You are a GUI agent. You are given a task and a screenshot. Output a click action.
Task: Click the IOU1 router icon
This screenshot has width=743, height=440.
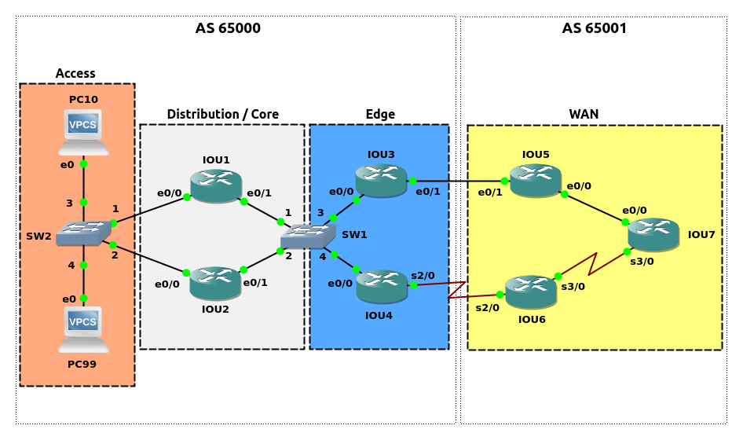click(x=215, y=186)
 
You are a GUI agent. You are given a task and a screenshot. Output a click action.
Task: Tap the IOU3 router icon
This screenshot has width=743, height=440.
click(x=381, y=181)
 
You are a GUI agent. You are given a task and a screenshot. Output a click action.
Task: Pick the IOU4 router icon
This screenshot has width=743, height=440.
click(x=382, y=286)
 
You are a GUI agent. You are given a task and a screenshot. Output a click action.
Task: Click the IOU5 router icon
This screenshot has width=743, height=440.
click(x=535, y=181)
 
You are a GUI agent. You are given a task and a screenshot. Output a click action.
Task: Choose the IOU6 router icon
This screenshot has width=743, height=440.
click(x=531, y=291)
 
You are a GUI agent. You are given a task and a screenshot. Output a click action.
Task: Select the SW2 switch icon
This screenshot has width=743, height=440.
click(x=83, y=233)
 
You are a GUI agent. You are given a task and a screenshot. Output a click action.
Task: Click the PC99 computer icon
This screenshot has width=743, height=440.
click(x=83, y=329)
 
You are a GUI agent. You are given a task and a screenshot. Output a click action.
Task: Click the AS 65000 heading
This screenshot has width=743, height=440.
click(x=228, y=28)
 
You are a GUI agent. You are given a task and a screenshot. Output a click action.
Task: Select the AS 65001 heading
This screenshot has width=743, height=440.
click(x=594, y=28)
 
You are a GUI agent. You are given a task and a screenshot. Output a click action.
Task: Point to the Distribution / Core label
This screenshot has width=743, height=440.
click(x=222, y=114)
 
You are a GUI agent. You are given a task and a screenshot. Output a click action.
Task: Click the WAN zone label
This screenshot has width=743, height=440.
click(x=584, y=114)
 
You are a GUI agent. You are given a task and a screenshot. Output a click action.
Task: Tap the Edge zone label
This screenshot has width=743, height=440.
click(x=380, y=114)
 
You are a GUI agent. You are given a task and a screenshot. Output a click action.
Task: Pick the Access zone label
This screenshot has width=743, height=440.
click(x=75, y=73)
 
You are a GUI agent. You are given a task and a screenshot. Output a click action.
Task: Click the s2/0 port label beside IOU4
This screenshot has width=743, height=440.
click(x=423, y=275)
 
